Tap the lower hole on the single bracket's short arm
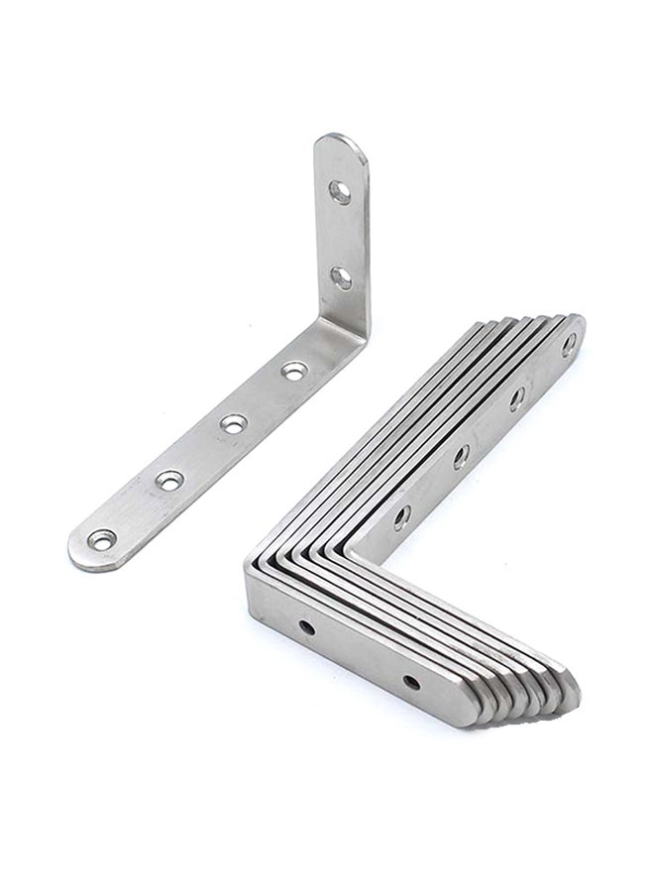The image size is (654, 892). [x=340, y=278]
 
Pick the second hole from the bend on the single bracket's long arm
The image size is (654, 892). [x=231, y=424]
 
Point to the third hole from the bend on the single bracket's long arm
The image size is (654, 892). [x=169, y=481]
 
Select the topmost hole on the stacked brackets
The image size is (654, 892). [x=570, y=344]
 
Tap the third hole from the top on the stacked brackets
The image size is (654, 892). [x=460, y=458]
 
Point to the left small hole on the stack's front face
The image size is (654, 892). [x=308, y=627]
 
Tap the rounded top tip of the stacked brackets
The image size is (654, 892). [x=578, y=322]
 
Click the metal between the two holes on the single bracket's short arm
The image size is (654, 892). [x=340, y=233]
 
